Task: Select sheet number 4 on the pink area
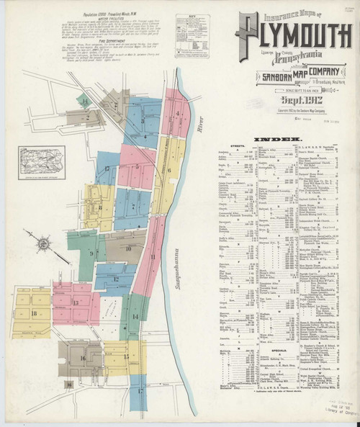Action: pyautogui.click(x=176, y=115)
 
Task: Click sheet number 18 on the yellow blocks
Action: pyautogui.click(x=34, y=313)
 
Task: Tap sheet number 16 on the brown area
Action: pyautogui.click(x=83, y=357)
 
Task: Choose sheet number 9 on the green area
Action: pyautogui.click(x=91, y=253)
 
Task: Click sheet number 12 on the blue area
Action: pyautogui.click(x=115, y=277)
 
